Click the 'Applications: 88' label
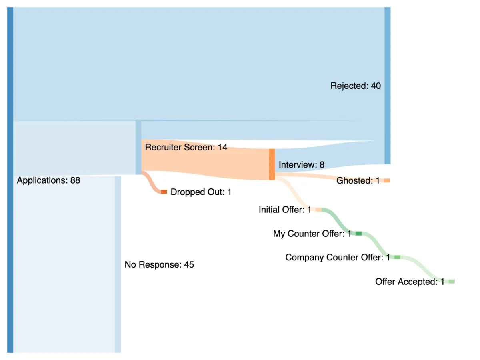[x=48, y=180]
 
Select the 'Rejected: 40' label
[x=356, y=86]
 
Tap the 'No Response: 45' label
[x=159, y=264]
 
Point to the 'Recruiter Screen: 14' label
[x=186, y=147]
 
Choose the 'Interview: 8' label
[x=302, y=164]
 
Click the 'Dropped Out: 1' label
[x=201, y=192]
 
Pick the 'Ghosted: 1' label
[x=358, y=181]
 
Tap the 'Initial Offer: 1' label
[x=285, y=210]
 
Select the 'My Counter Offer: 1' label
[x=312, y=234]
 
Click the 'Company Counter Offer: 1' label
[x=338, y=258]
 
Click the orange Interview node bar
[x=272, y=164]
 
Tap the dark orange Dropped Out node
[x=164, y=192]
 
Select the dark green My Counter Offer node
[x=358, y=234]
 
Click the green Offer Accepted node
[x=452, y=282]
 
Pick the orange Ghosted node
[x=387, y=181]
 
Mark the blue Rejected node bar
[x=387, y=86]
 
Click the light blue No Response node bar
[x=118, y=264]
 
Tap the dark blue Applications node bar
[x=10, y=180]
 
